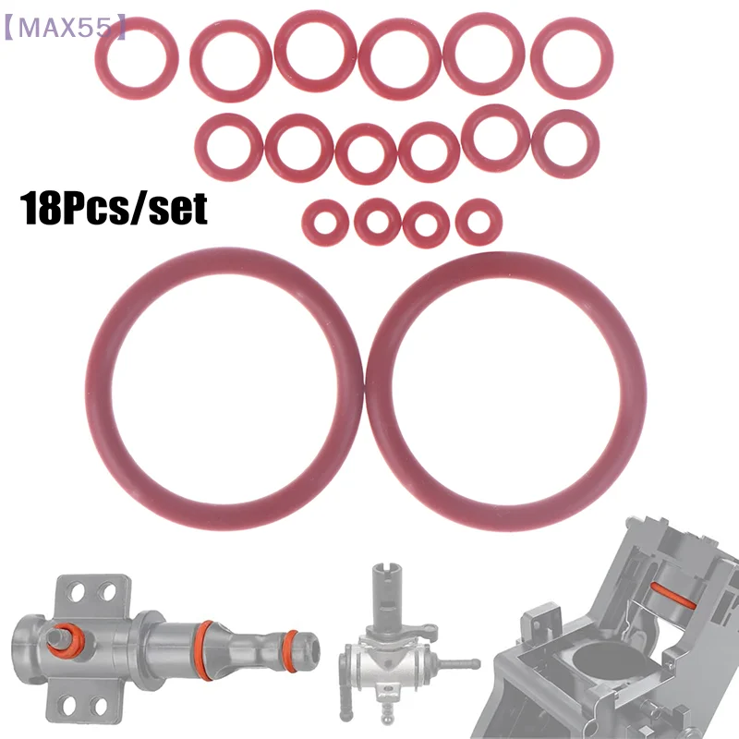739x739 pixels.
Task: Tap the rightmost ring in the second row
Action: tap(566, 143)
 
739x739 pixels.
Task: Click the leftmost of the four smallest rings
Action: tap(324, 221)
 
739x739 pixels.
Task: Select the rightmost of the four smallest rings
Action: tap(479, 221)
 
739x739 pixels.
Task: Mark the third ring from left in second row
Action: tap(366, 153)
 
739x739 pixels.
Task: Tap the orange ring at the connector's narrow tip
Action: tap(291, 639)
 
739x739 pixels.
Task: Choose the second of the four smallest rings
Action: tap(377, 222)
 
